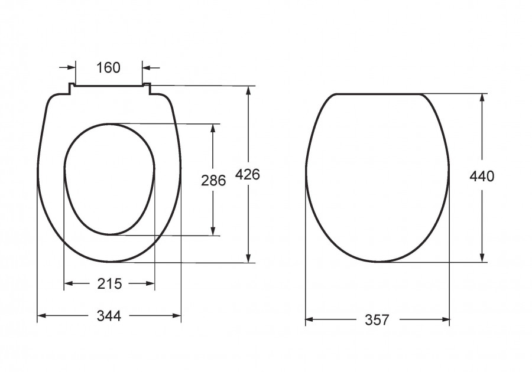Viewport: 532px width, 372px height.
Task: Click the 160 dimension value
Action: pyautogui.click(x=108, y=68)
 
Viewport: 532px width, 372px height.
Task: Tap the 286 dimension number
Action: pyautogui.click(x=213, y=180)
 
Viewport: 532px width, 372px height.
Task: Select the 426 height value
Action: pyautogui.click(x=248, y=174)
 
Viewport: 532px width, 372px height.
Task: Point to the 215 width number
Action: pyautogui.click(x=109, y=283)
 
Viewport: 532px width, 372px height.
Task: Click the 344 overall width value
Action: pyautogui.click(x=109, y=316)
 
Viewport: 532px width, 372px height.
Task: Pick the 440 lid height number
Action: pyautogui.click(x=482, y=176)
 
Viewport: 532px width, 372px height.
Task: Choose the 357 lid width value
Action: pyautogui.click(x=377, y=319)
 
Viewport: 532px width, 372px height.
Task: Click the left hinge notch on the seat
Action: pyautogui.click(x=72, y=89)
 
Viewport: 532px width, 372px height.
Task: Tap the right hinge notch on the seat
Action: pyautogui.click(x=147, y=89)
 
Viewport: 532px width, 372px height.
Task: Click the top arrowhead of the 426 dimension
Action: pyautogui.click(x=249, y=92)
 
